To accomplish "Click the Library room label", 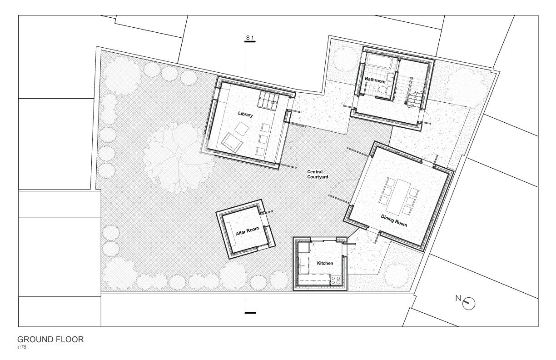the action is pos(245,114).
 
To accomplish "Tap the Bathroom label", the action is pos(375,80).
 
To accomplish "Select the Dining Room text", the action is pos(394,220).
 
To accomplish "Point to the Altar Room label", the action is pos(247,231).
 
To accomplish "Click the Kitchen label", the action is pos(325,263).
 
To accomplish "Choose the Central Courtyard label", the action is pos(318,174).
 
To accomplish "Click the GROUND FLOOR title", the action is pos(50,340).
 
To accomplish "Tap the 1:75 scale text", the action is pos(22,347).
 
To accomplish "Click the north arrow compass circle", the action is pos(469,304).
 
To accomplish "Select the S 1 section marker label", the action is pos(250,38).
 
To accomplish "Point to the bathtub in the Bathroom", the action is pos(379,60).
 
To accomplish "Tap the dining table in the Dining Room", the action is pos(401,197).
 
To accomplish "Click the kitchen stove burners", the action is pos(336,280).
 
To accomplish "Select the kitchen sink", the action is pos(304,265).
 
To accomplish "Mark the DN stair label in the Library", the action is pos(274,102).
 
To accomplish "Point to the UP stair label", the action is pos(410,106).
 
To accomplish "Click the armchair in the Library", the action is pos(232,142).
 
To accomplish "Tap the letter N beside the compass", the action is pos(458,298).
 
